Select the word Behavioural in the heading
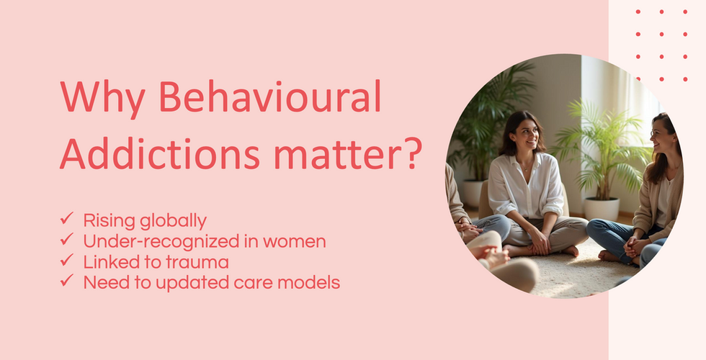[x=270, y=96]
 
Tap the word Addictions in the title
[x=160, y=153]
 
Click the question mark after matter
[x=411, y=153]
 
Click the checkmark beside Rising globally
[x=66, y=219]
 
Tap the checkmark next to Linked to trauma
[x=66, y=260]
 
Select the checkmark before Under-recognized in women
[x=66, y=239]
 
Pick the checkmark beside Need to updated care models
[x=66, y=281]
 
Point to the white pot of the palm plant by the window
[x=602, y=209]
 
